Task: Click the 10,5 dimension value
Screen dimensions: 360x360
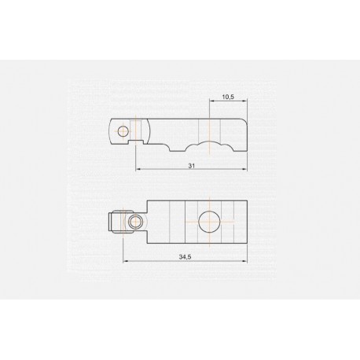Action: tap(228, 97)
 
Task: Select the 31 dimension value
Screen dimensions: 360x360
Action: tap(192, 166)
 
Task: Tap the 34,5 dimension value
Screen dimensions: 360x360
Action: tap(185, 257)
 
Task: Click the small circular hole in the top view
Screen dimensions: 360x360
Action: tap(123, 131)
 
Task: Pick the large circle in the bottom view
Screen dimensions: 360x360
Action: tap(209, 222)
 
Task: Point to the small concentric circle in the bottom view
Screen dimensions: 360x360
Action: tap(135, 222)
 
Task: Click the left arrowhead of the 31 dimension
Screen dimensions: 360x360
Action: tap(138, 169)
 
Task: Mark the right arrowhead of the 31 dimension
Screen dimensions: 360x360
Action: tap(245, 169)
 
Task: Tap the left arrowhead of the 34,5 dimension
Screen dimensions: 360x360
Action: tap(125, 261)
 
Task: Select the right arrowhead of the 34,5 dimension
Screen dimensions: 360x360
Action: tap(245, 261)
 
